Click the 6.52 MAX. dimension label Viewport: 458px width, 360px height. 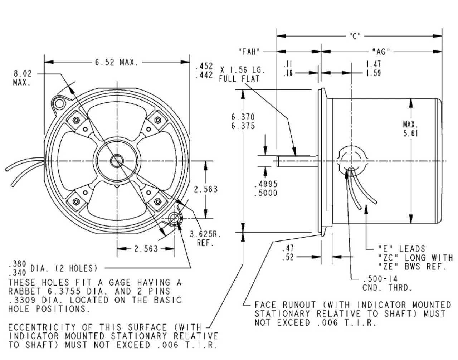coord(116,63)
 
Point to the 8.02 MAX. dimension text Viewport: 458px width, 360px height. coord(23,78)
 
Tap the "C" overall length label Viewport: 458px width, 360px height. coord(355,36)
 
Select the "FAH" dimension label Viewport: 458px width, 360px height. coord(248,52)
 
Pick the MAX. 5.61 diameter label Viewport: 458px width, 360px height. coord(410,129)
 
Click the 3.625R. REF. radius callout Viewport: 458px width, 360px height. coord(205,239)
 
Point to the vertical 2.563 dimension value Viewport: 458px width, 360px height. coord(205,189)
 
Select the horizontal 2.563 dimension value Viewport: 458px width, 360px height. coord(146,249)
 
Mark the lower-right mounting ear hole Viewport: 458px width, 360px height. coord(175,218)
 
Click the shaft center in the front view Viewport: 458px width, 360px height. coord(116,161)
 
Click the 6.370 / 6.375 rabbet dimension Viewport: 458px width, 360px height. coord(243,121)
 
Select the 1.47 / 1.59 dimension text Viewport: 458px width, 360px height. coord(373,68)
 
